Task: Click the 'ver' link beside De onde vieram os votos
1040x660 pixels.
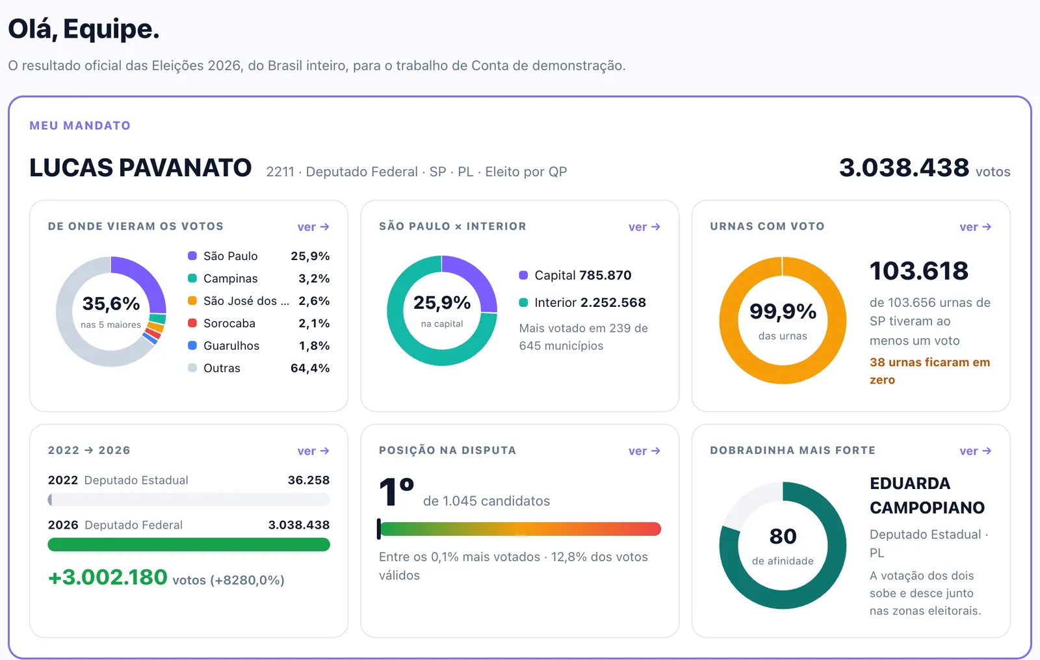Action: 313,227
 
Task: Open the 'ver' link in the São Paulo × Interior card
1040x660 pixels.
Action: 644,227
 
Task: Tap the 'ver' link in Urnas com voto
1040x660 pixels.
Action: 976,227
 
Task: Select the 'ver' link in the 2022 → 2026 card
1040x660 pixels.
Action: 313,451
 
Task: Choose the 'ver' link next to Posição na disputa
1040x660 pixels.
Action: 644,451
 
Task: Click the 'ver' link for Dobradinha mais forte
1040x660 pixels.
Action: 976,451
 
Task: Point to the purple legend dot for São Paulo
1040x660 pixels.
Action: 192,256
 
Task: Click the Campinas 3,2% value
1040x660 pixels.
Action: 314,278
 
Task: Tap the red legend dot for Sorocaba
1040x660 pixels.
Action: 192,323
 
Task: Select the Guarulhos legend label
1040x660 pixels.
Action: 231,345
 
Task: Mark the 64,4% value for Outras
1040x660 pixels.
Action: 310,368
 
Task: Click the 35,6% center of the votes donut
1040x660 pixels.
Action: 111,304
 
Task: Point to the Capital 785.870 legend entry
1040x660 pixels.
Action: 575,275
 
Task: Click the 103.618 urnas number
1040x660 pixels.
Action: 919,271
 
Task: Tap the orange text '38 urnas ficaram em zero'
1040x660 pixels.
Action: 929,371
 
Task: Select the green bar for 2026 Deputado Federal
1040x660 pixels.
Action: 189,544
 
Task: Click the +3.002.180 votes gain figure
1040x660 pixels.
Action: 108,577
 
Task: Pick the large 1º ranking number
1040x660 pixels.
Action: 396,492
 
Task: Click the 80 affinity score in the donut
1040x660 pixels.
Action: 783,536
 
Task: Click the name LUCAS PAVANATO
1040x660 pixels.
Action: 140,168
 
